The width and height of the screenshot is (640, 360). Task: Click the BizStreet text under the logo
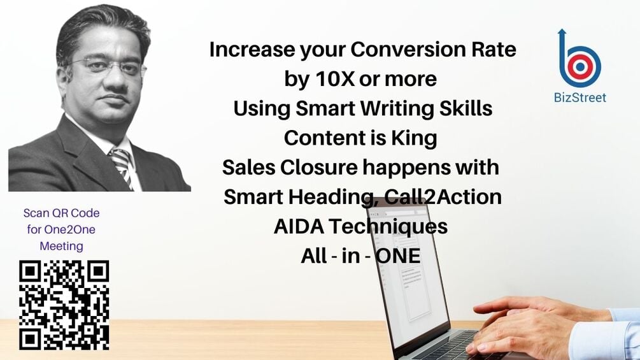pos(580,97)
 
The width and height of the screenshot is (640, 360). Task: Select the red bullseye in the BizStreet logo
pos(580,66)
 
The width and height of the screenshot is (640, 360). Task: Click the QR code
pos(64,305)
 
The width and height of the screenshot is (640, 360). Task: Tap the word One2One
pos(62,229)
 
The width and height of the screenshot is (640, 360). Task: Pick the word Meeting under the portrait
pos(62,246)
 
